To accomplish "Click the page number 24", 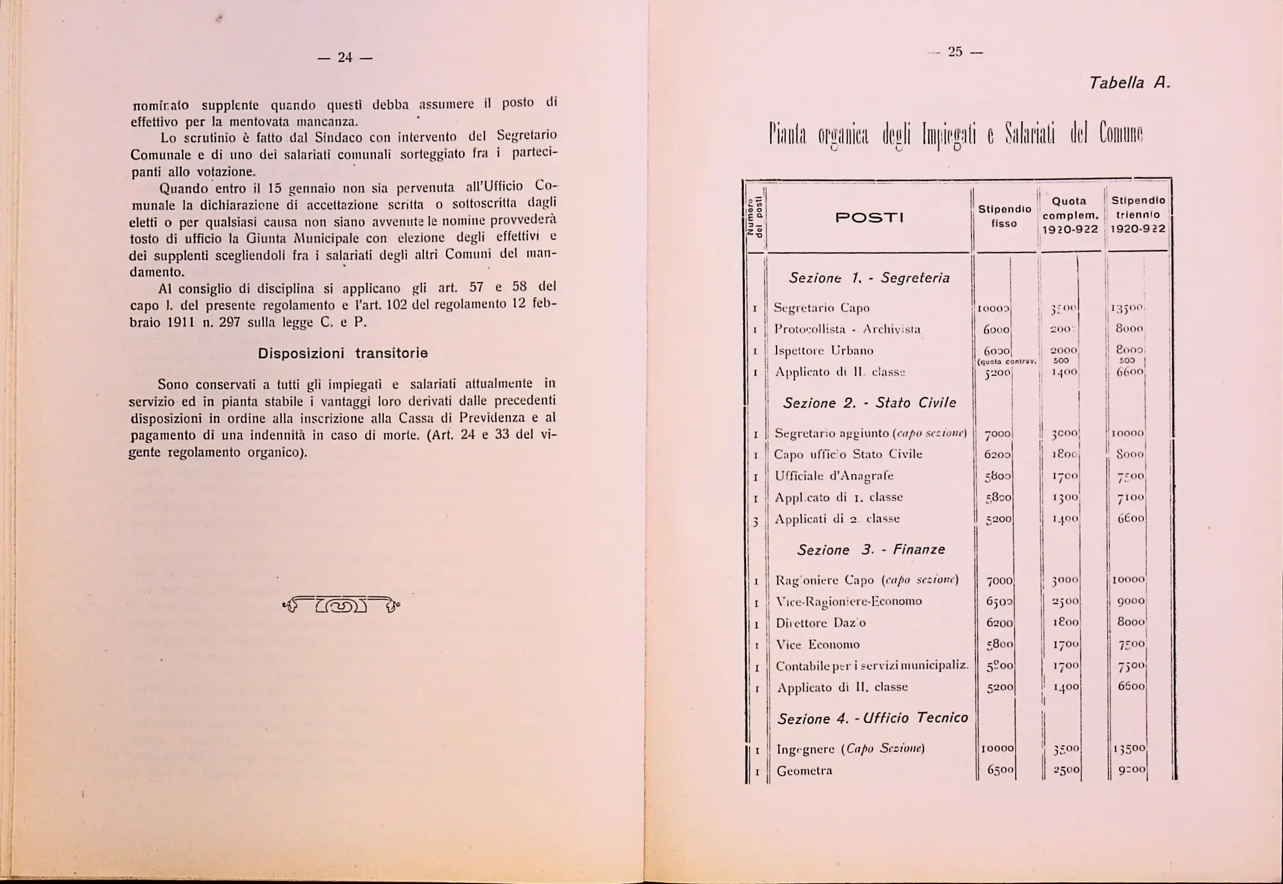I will point(345,58).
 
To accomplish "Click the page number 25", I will point(955,52).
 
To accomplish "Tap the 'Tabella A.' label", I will point(1129,84).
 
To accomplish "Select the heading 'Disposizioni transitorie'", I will point(343,353).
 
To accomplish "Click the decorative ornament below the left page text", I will point(341,605).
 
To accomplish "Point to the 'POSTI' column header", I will point(869,218).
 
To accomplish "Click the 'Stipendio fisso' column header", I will point(1004,216).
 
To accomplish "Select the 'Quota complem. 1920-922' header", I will point(1070,215).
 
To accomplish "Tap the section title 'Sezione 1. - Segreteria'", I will point(869,278).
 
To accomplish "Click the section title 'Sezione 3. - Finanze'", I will point(870,549).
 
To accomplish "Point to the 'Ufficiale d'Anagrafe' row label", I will point(834,476).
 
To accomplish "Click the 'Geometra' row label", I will point(804,771).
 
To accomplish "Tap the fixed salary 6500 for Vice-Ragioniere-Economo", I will point(999,601).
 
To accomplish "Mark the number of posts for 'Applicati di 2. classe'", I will point(755,521).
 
